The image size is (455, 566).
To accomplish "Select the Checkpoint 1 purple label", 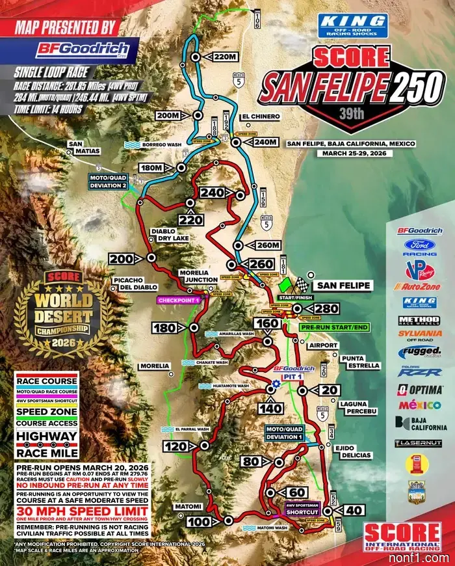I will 177,300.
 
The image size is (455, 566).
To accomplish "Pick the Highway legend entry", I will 47,437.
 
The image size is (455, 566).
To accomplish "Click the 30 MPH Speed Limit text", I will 80,512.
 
